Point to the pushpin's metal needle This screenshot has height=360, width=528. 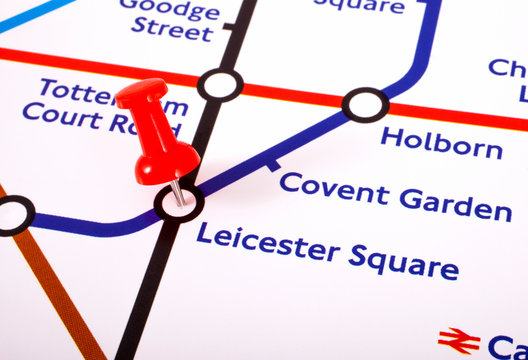point(176,191)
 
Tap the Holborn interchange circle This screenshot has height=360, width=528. point(365,104)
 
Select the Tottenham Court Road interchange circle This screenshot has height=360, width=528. point(220,85)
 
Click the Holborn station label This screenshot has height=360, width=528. point(441,143)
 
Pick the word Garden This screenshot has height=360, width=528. point(455,204)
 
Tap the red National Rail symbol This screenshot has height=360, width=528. point(459,340)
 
